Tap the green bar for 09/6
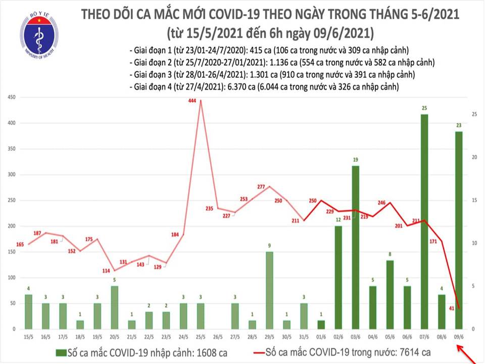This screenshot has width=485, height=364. (458, 230)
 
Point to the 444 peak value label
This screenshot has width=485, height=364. (192, 101)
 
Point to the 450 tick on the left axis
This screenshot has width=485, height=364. (11, 97)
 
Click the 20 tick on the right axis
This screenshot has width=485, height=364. (475, 157)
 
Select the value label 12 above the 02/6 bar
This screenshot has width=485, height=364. (338, 219)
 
